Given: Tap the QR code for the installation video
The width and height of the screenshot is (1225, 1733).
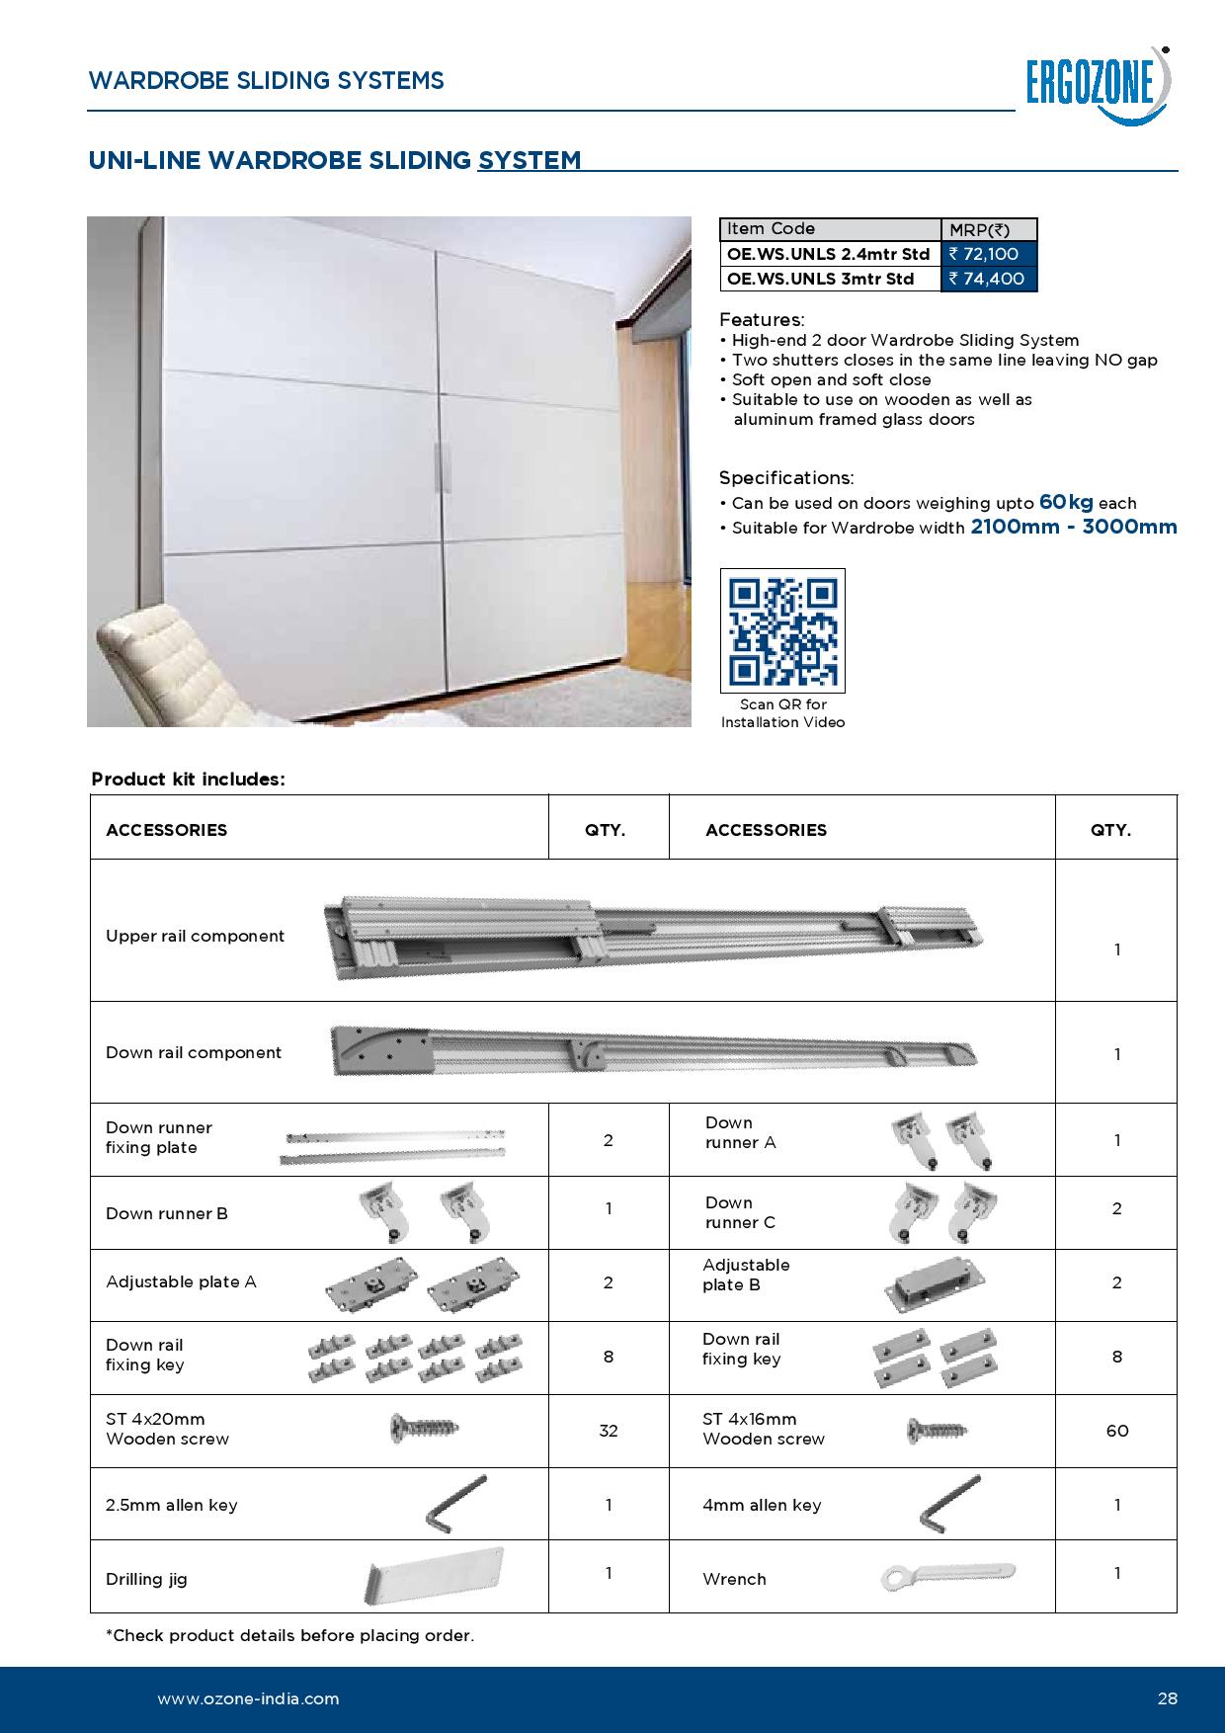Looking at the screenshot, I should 782,630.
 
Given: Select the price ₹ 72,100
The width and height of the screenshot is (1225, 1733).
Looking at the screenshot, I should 989,254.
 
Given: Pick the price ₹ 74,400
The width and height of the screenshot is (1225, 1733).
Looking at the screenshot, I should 989,279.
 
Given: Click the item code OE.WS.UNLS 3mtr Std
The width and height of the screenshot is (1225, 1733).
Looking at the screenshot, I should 821,279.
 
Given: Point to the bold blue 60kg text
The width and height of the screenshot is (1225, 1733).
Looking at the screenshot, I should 1066,502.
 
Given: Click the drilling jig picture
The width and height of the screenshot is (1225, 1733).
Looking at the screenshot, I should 436,1575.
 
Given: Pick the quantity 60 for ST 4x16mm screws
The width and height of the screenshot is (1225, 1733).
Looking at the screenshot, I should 1117,1431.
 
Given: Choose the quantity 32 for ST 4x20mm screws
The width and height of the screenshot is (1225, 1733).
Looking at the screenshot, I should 609,1431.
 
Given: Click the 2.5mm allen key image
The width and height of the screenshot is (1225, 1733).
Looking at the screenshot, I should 455,1504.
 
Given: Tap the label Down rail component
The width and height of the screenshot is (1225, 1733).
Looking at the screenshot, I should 194,1052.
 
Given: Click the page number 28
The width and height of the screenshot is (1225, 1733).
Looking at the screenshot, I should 1167,1699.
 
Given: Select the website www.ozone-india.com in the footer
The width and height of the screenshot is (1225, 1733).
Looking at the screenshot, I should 248,1699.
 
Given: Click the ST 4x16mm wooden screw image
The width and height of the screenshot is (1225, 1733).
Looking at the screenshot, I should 937,1430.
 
